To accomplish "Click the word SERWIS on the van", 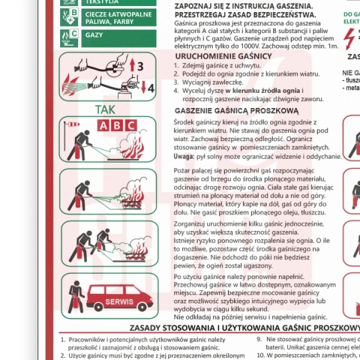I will click(119, 301).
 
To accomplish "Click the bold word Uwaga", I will click(186, 156).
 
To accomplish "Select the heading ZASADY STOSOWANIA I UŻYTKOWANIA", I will click(244, 328).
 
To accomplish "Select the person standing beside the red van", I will click(75, 296).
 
